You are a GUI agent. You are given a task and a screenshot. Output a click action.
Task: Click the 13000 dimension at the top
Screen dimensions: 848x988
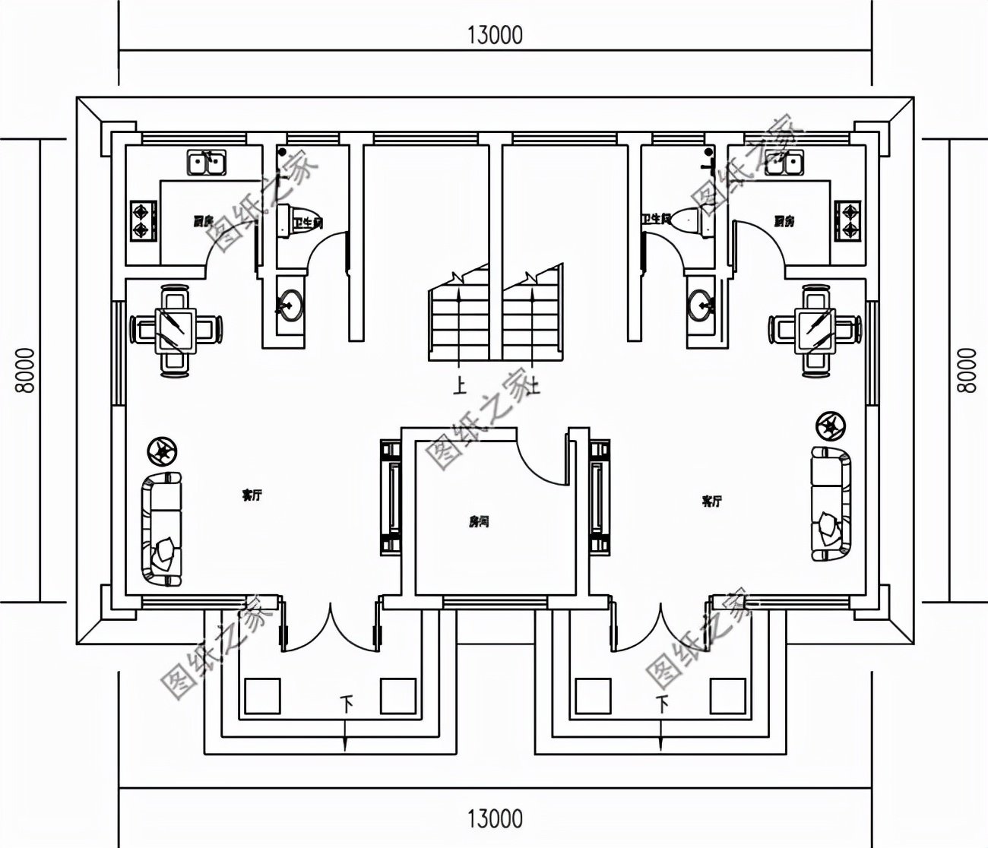(495, 35)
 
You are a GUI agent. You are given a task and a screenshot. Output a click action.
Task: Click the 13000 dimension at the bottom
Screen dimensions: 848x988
(495, 818)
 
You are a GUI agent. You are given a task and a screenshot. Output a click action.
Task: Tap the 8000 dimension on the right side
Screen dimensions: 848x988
(965, 371)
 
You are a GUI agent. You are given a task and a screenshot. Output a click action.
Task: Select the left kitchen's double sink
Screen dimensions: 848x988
(206, 163)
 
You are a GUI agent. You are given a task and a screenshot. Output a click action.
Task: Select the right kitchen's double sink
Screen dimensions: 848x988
(784, 163)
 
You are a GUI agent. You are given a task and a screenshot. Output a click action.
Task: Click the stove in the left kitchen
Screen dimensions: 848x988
(141, 220)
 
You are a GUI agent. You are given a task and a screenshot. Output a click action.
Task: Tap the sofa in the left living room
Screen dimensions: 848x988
(163, 528)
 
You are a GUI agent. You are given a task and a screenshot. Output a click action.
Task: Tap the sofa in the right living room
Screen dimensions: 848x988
(830, 503)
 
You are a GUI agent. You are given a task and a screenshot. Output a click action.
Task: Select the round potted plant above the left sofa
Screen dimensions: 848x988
(161, 451)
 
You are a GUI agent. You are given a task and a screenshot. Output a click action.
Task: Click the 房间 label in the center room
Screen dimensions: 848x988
(478, 522)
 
